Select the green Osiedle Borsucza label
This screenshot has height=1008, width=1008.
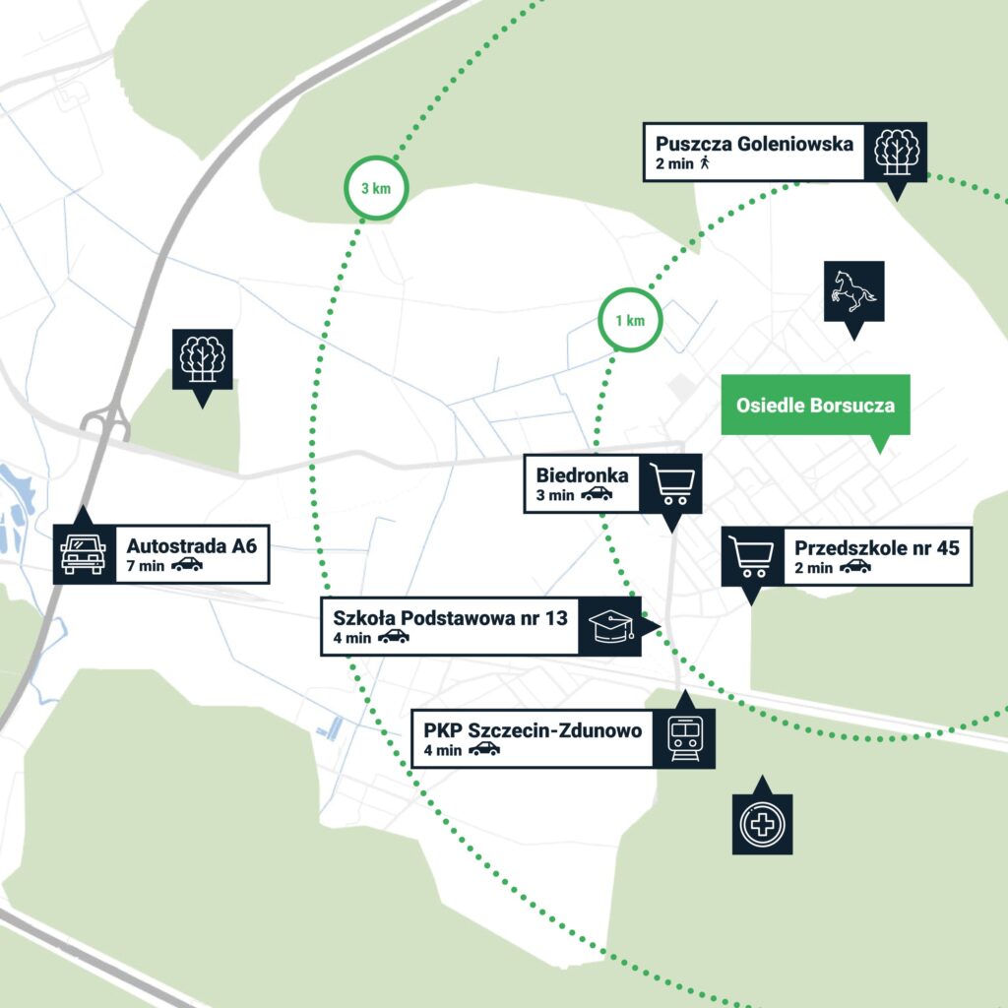click(815, 405)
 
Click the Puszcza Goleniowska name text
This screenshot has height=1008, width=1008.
click(754, 144)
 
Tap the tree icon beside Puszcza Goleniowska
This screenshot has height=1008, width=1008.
click(896, 152)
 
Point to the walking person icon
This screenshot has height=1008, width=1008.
click(705, 162)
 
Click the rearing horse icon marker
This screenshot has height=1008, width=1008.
click(853, 291)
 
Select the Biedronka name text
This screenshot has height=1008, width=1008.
click(582, 475)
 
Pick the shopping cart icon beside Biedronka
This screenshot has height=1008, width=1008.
click(671, 484)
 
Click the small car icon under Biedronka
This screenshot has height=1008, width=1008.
click(597, 494)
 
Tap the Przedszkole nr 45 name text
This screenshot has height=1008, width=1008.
click(877, 547)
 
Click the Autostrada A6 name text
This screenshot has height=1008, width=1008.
click(192, 545)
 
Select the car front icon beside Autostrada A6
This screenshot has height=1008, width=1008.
click(84, 553)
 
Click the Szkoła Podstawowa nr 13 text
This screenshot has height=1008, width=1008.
click(450, 618)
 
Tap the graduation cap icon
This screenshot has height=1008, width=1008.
click(611, 626)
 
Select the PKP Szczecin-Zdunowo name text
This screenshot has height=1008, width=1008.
click(533, 731)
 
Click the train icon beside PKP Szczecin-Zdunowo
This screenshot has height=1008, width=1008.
click(685, 739)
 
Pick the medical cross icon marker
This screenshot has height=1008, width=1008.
click(763, 824)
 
